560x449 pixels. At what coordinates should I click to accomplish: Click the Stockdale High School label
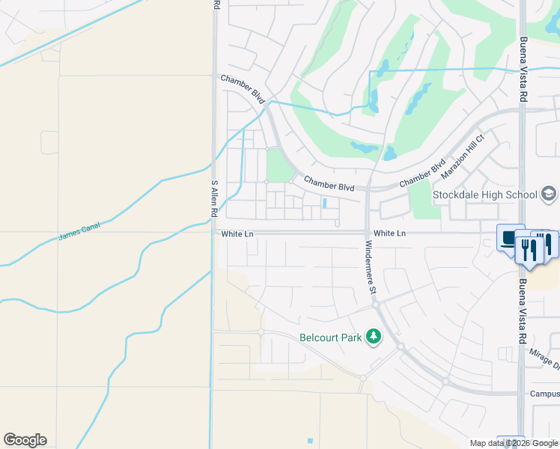pos(485,195)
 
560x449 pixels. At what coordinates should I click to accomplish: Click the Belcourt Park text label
pos(331,337)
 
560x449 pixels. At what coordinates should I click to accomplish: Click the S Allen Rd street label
pos(214,198)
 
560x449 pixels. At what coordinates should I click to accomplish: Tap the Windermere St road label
pos(371,266)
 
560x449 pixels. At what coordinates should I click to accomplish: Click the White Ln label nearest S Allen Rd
pos(238,234)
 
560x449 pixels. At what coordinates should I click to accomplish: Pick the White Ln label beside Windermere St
pos(389,234)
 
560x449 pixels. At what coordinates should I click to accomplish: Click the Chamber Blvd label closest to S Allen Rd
pos(243,88)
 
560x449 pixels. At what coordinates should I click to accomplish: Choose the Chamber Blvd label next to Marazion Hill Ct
pos(422,173)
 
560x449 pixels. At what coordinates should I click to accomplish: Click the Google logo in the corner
pos(25,440)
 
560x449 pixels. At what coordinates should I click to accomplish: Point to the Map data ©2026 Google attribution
pos(514,443)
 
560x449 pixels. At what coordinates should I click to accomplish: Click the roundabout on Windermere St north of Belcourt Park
pos(376,305)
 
